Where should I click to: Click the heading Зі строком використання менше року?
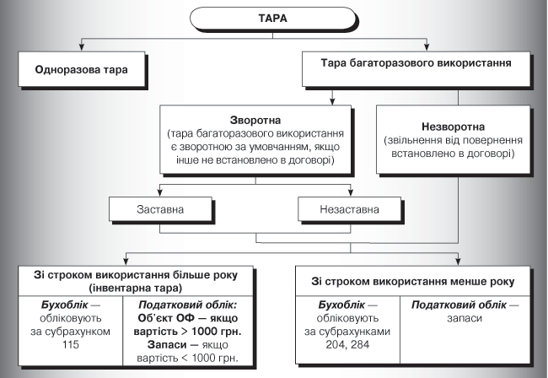412,279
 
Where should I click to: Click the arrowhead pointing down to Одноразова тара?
82,49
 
